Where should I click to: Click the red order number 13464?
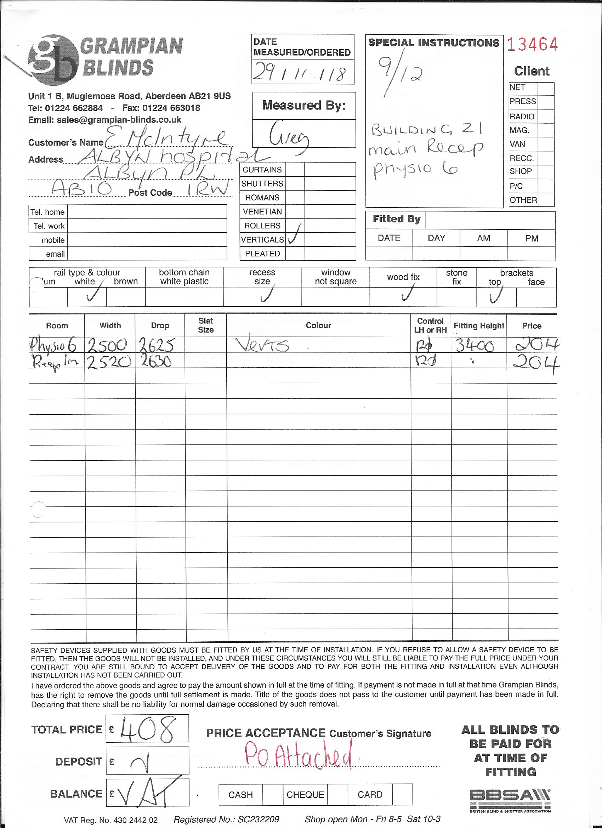click(x=532, y=45)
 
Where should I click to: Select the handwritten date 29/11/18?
click(x=303, y=72)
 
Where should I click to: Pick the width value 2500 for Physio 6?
click(x=108, y=345)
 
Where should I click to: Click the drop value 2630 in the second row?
click(x=154, y=362)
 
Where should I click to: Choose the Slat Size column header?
click(x=205, y=325)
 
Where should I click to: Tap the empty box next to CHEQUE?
click(x=337, y=795)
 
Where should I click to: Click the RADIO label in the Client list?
click(x=522, y=117)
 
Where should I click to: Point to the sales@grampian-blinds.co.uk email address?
click(x=119, y=120)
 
